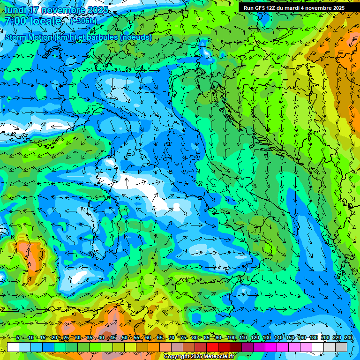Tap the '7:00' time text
(x=15, y=21)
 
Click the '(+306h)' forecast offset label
(x=83, y=21)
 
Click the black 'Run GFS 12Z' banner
(x=294, y=8)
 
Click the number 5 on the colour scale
(x=17, y=337)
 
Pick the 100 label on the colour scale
(x=231, y=337)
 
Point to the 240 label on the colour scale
(x=349, y=337)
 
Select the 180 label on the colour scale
(x=314, y=337)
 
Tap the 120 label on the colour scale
(x=255, y=337)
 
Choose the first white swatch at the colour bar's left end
(x=13, y=347)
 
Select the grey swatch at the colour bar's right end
(x=341, y=347)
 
